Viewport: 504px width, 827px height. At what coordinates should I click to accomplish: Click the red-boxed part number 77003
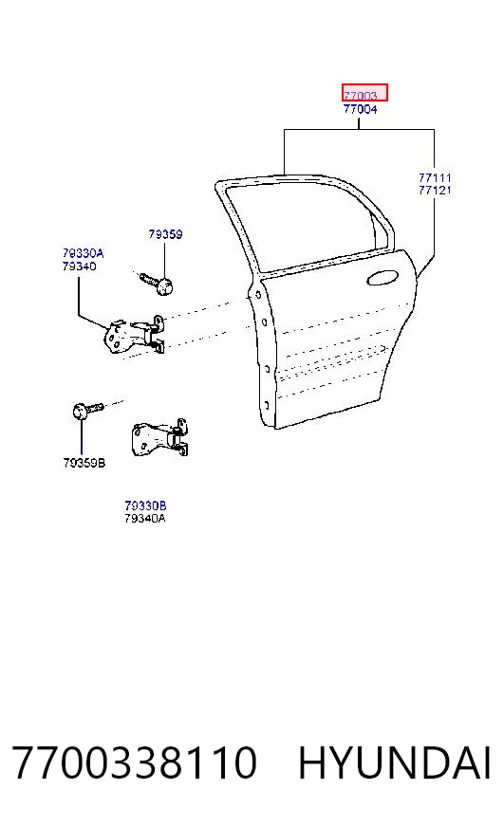pos(361,96)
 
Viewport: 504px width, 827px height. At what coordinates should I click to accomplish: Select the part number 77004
pos(361,109)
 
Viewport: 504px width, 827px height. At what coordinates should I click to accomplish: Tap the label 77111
pos(435,177)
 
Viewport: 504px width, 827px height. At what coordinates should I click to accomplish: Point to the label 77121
pos(435,191)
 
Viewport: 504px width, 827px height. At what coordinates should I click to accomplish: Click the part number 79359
pos(165,233)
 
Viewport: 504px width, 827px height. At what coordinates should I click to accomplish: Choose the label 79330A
pos(83,253)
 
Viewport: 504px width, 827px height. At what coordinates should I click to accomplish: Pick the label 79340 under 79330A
pos(79,266)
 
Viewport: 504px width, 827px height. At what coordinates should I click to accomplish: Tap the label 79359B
pos(84,463)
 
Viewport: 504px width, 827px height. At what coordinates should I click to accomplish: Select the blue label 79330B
pos(145,505)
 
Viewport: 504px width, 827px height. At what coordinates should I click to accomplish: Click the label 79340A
pos(145,518)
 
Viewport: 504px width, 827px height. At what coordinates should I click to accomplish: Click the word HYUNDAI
pos(395,763)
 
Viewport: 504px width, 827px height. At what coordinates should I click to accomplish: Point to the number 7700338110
pos(135,763)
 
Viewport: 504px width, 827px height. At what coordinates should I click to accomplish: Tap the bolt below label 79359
pos(158,284)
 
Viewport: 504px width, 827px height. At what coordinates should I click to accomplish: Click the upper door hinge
pos(135,335)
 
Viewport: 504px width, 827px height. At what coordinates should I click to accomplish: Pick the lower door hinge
pos(159,438)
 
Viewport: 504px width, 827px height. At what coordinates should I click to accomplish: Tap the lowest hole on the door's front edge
pos(267,406)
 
